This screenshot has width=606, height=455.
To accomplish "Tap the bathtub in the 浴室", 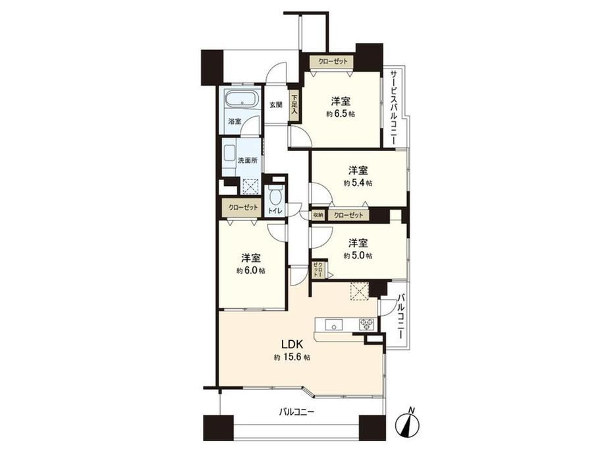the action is [242, 100].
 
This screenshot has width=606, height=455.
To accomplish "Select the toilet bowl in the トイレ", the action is [275, 196].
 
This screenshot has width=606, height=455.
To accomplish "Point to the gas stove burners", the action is [367, 324].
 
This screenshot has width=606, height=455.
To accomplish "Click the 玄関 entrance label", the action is [275, 104].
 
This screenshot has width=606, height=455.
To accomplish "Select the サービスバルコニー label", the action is [393, 107].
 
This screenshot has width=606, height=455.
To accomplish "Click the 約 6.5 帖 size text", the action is [341, 114].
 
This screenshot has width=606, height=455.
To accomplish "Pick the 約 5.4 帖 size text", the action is [358, 183].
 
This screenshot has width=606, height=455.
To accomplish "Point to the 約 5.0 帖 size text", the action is [358, 256].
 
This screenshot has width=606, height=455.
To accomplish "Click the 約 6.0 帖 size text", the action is [251, 270].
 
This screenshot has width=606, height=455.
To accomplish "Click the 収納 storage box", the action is [318, 215].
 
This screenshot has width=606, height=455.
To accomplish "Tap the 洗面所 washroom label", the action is [248, 160].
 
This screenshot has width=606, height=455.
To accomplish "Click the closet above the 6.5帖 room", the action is [333, 61].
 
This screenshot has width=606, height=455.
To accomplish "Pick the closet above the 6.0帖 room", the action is [242, 208].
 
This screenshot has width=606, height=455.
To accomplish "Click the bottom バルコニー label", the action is [297, 411].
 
